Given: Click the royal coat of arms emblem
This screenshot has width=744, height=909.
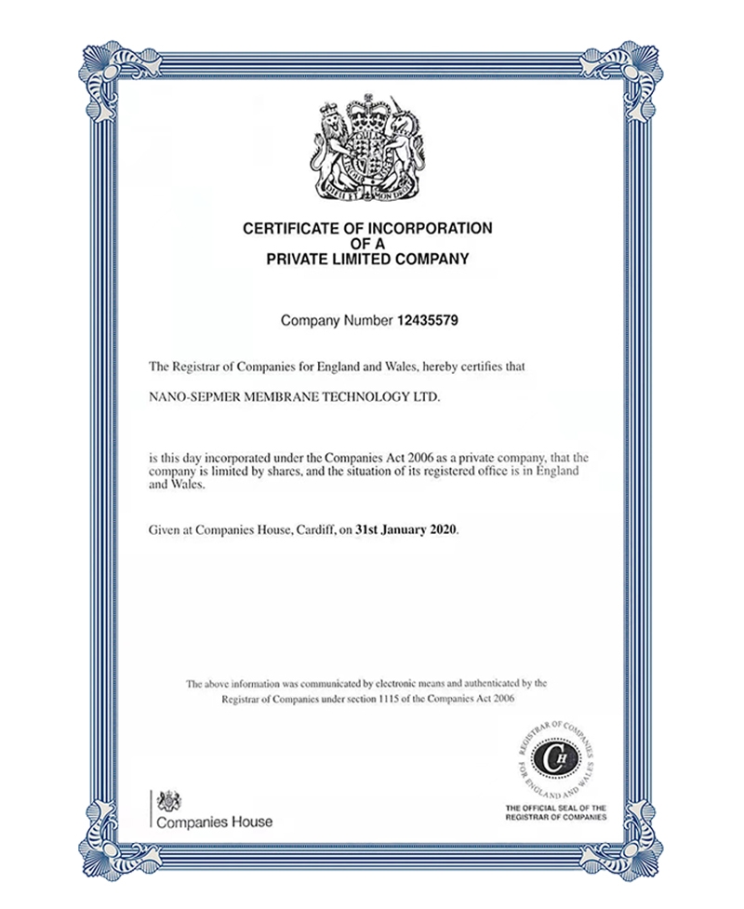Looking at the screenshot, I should tap(367, 148).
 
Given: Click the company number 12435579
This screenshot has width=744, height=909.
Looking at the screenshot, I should tap(428, 321).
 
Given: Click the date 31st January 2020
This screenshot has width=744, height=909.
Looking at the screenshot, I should tap(407, 530).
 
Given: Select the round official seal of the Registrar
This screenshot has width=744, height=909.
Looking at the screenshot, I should tap(560, 758).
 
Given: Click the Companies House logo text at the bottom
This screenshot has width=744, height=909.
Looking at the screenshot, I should tap(214, 822).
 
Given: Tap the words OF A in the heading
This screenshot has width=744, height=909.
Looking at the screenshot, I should tap(367, 244).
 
